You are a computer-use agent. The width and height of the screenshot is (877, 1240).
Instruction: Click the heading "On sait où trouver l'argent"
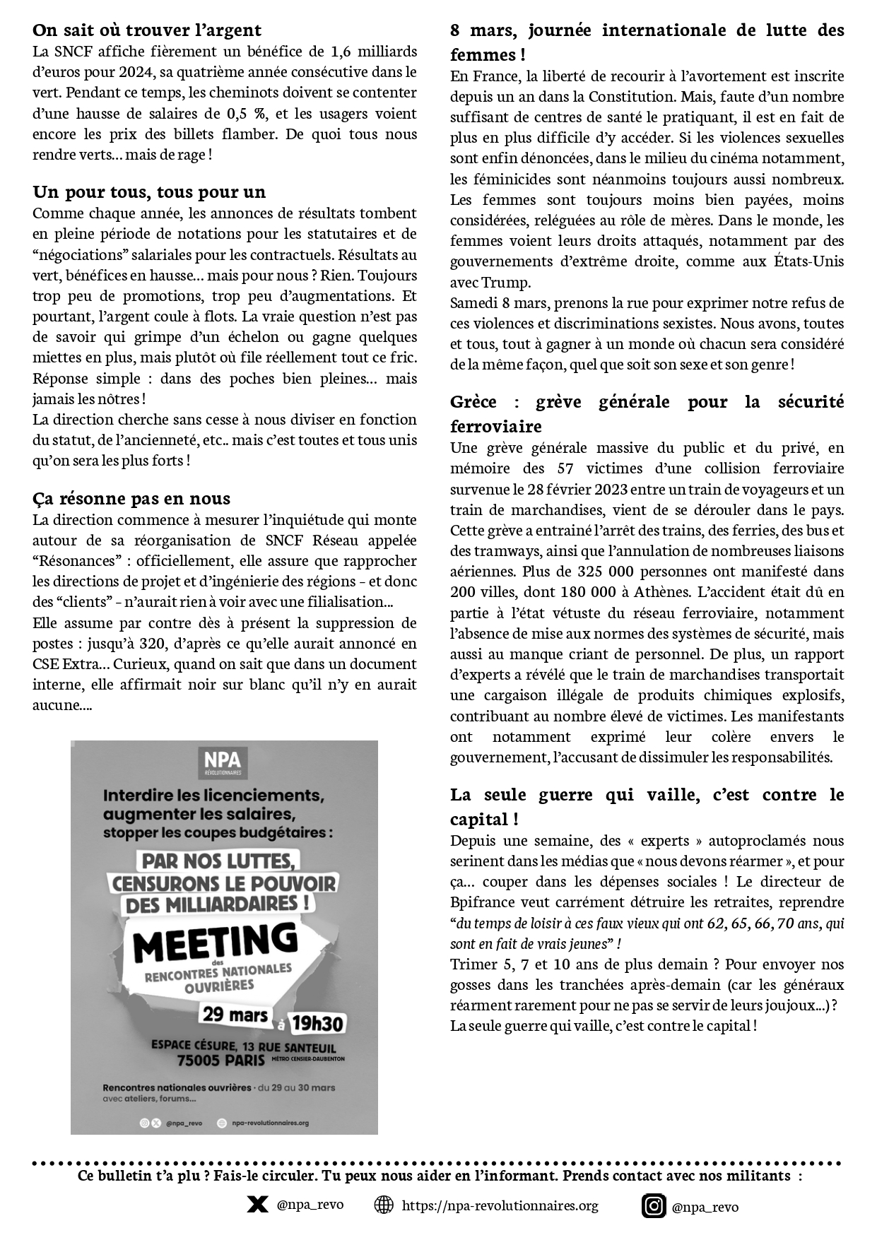[147, 30]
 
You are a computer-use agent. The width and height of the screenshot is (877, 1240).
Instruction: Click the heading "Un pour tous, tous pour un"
[149, 192]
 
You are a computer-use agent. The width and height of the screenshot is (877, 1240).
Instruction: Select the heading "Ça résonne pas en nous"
[131, 499]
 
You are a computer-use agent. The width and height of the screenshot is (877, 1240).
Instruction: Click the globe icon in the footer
[384, 1205]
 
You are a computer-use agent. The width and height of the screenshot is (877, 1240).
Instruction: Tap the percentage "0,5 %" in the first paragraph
[249, 114]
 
